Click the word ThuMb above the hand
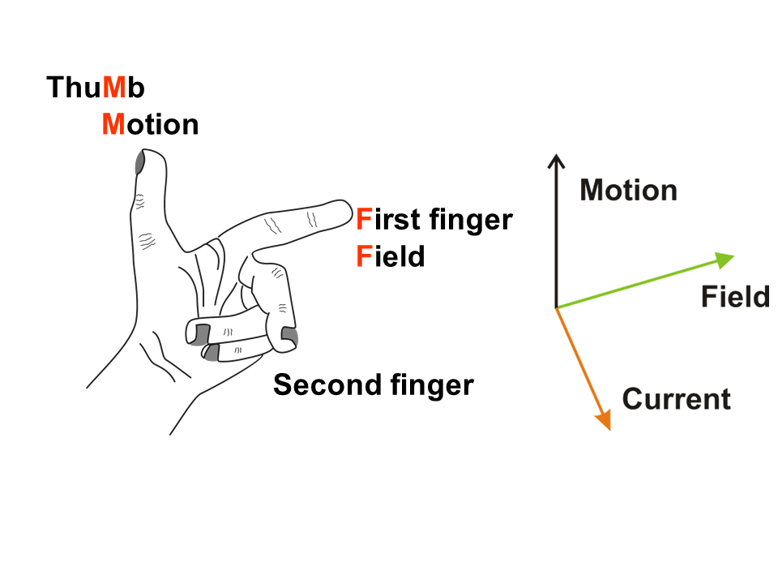96,87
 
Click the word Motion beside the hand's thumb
150,125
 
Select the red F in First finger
364,219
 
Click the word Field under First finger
391,256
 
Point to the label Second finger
373,384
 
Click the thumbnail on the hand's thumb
139,162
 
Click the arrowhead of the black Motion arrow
555,160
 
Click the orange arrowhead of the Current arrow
603,419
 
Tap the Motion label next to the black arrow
629,190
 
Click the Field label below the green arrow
735,297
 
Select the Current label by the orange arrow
676,399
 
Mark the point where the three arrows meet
556,308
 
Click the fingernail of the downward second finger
289,334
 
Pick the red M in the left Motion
113,125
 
